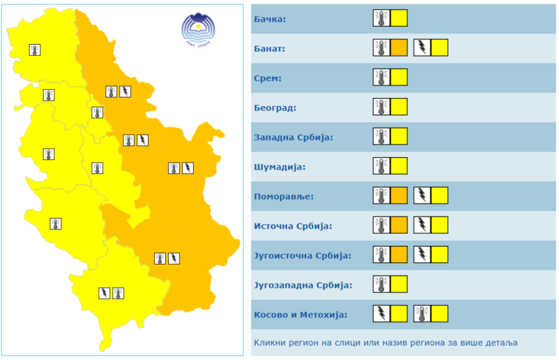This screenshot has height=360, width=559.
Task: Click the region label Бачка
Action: [x=270, y=19]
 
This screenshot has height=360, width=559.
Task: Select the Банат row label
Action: [x=270, y=48]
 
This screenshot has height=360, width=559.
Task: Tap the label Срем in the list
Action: [x=268, y=78]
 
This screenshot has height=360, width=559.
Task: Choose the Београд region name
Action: [x=275, y=108]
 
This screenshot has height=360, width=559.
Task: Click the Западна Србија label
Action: [x=293, y=137]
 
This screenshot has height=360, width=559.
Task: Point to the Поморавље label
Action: [x=284, y=196]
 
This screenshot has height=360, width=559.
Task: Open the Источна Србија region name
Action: [x=293, y=226]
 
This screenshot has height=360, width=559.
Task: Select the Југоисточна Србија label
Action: [x=302, y=255]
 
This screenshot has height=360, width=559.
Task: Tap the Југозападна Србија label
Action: [x=303, y=285]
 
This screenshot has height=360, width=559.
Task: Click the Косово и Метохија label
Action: [x=300, y=315]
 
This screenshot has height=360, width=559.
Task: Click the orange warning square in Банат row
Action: [x=399, y=48]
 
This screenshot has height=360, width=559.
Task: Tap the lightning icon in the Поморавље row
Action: [x=422, y=196]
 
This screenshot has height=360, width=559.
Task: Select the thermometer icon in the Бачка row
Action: [x=381, y=19]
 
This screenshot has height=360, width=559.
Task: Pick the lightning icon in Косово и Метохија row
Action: [x=381, y=314]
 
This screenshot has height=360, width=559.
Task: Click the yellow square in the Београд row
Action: [x=399, y=107]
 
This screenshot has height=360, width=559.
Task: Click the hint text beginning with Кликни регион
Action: [x=385, y=342]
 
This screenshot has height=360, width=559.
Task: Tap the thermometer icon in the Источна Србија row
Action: [x=381, y=225]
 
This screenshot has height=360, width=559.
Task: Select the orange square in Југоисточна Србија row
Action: [x=399, y=254]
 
